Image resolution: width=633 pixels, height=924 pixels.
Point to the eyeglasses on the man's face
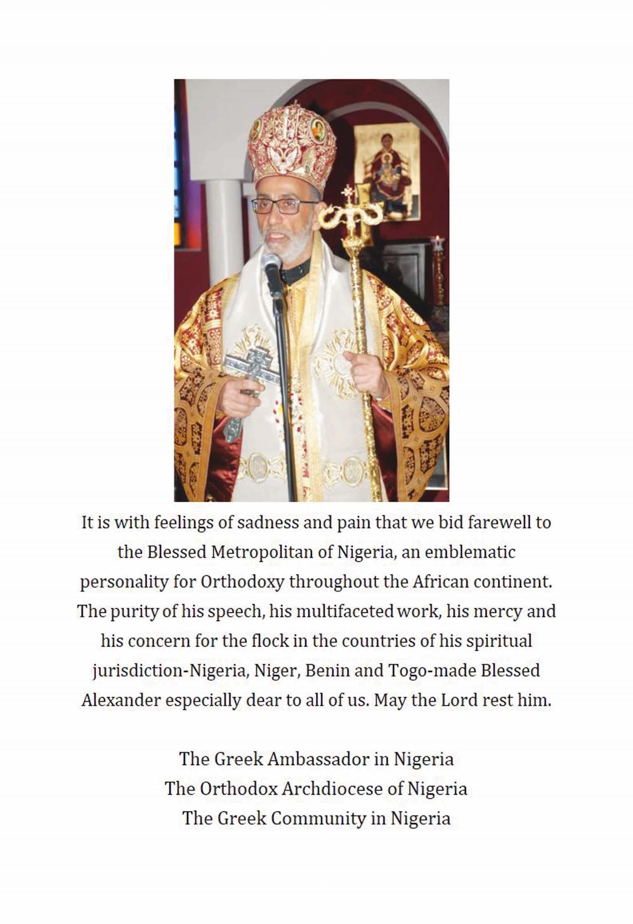(x=280, y=206)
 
